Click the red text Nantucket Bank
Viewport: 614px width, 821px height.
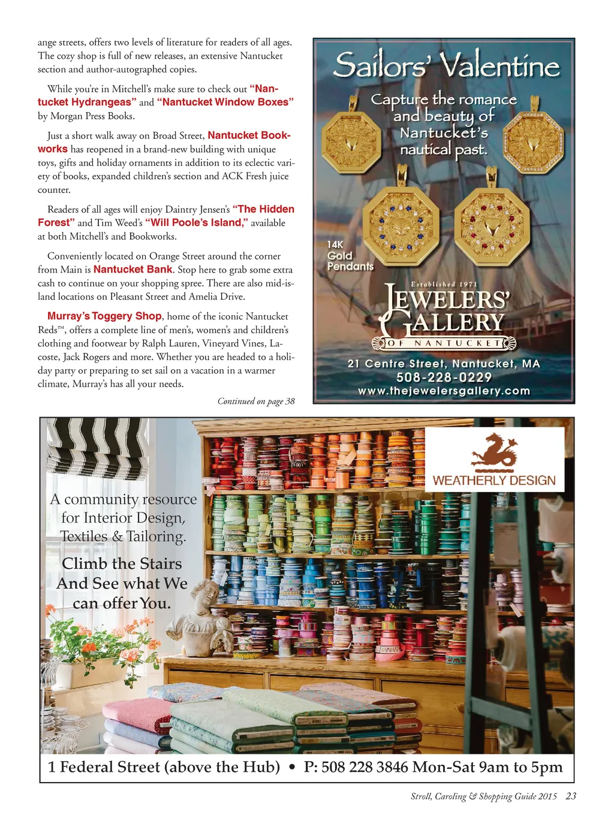pos(133,270)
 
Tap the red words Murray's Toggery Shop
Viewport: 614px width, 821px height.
pos(104,316)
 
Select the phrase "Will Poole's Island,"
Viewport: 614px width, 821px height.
pos(196,223)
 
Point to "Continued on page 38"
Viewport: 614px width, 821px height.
pos(256,402)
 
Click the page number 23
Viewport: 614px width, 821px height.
pos(571,796)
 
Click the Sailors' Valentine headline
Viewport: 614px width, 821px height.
pos(446,65)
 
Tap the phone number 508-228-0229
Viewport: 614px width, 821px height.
pos(444,378)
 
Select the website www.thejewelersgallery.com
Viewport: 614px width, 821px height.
pos(444,391)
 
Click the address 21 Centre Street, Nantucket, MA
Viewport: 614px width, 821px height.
pos(444,364)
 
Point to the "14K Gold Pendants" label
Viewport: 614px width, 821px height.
pos(350,256)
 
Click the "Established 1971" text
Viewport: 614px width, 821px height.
pos(444,284)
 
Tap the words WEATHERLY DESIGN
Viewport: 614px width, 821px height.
pos(494,481)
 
